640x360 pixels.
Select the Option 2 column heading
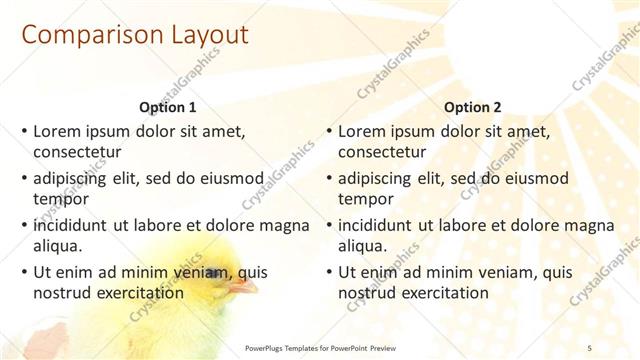click(473, 108)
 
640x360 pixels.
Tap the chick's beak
click(239, 288)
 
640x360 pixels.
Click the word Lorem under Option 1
click(57, 131)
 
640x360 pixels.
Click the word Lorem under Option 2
click(362, 131)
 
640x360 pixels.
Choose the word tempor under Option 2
click(366, 199)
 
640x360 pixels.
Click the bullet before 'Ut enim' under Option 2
click(329, 272)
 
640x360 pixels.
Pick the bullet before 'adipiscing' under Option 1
click(24, 178)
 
